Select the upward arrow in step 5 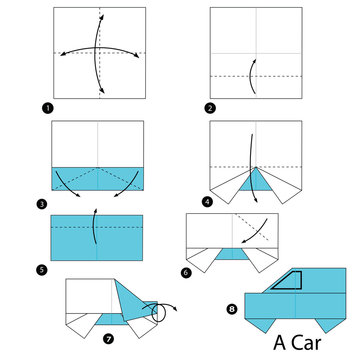click(x=94, y=226)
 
